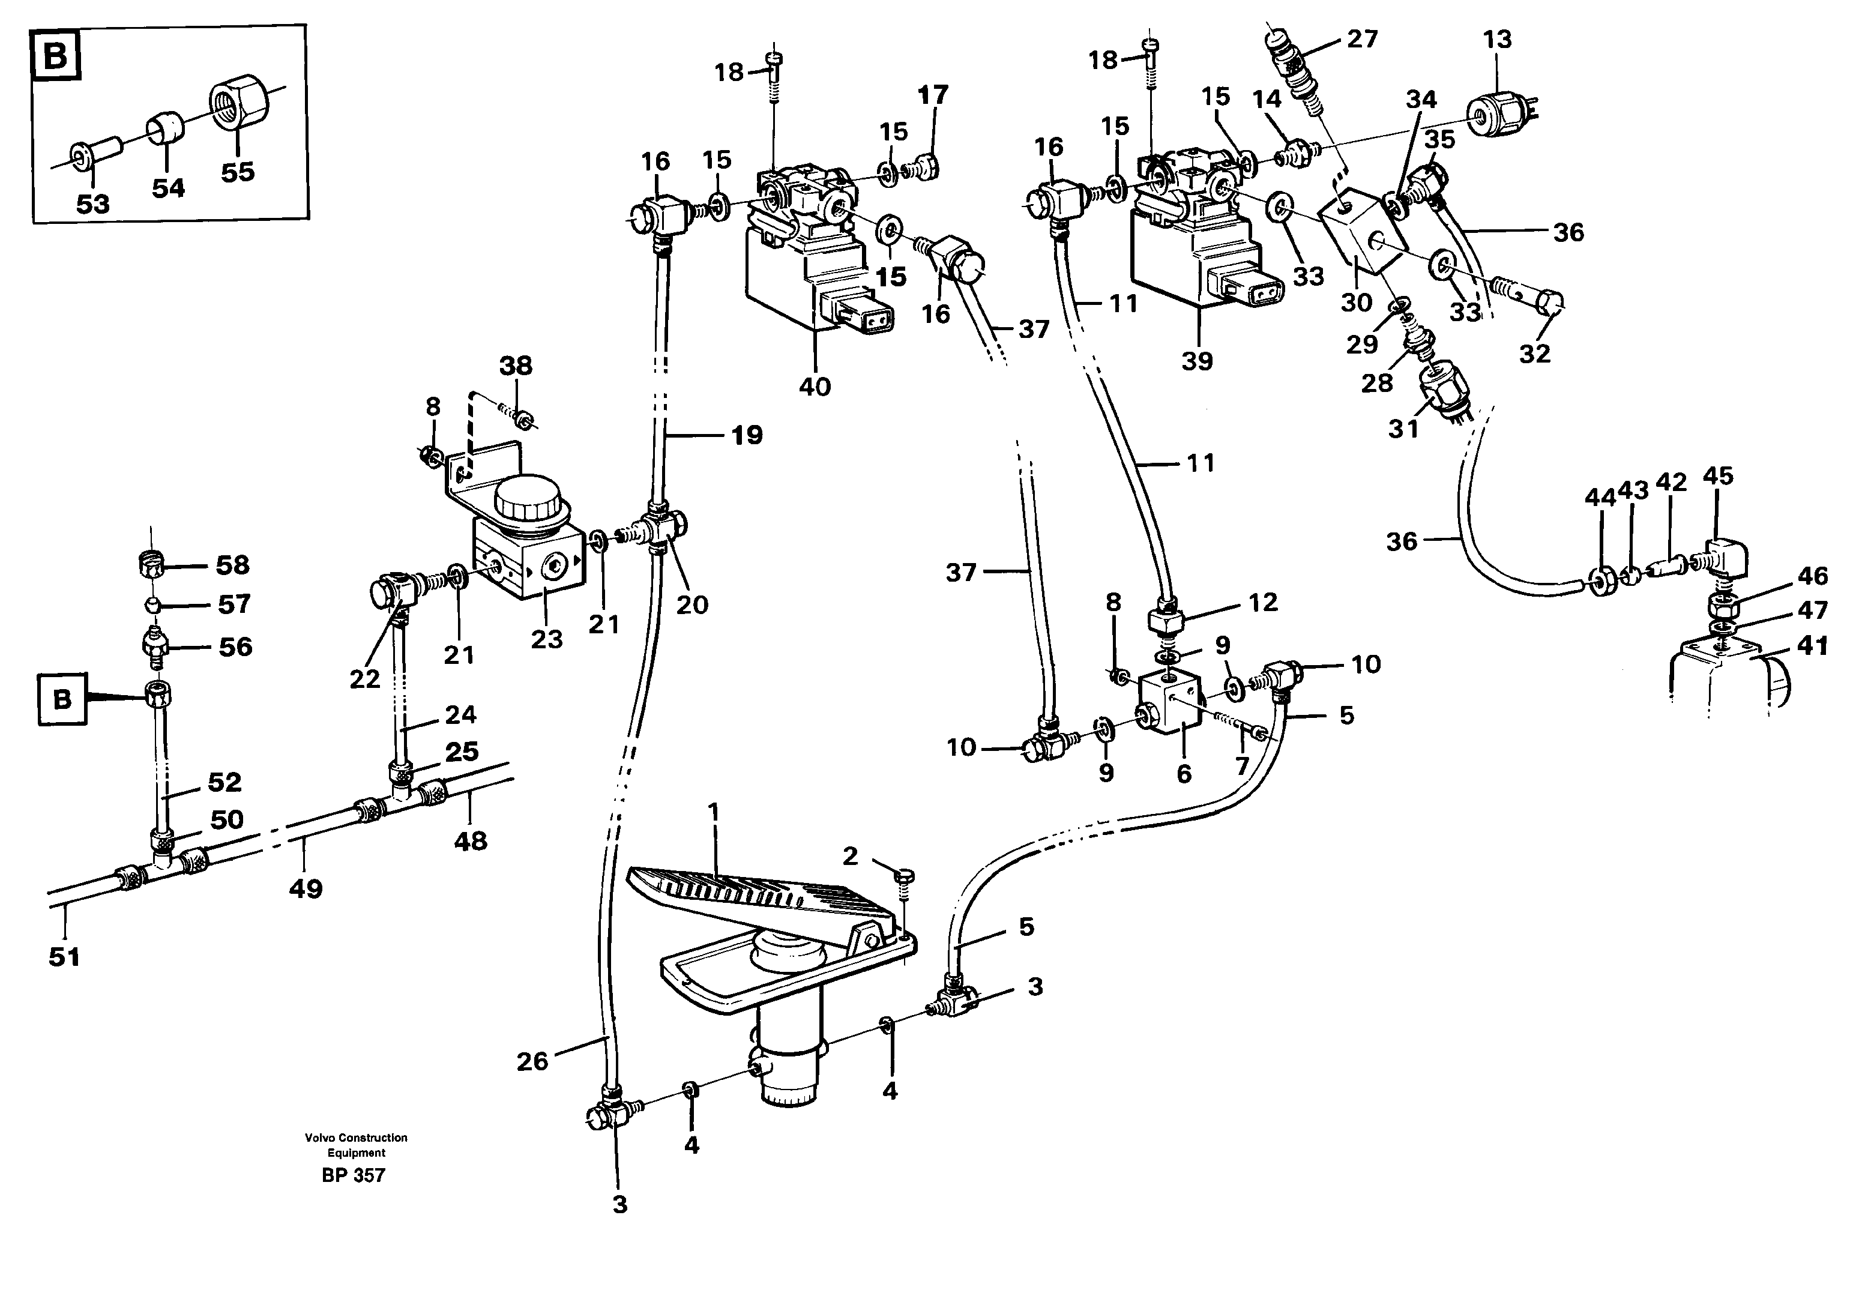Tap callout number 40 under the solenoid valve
click(x=815, y=387)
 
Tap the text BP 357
click(x=354, y=1175)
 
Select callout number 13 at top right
click(x=1497, y=39)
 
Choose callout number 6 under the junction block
click(x=1184, y=774)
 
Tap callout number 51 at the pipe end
click(x=64, y=957)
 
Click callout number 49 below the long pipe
click(x=306, y=889)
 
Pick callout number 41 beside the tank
click(x=1813, y=646)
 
